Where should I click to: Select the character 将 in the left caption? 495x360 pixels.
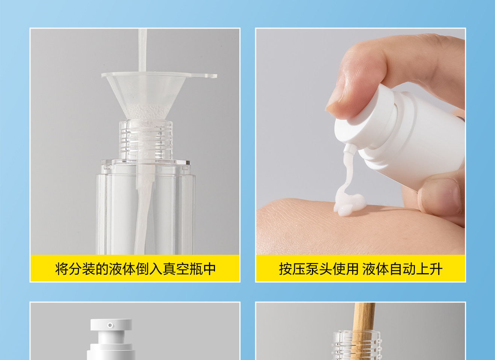(x=62, y=269)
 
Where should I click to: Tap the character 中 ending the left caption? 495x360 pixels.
(x=209, y=269)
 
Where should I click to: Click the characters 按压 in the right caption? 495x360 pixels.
(x=292, y=269)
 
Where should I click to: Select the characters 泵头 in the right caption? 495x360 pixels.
(x=319, y=269)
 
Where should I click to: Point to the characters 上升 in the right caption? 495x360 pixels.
(x=430, y=269)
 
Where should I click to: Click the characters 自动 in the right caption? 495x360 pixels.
(x=403, y=269)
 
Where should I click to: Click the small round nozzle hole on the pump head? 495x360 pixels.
(x=110, y=325)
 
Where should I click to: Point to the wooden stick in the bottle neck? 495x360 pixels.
(x=364, y=331)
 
